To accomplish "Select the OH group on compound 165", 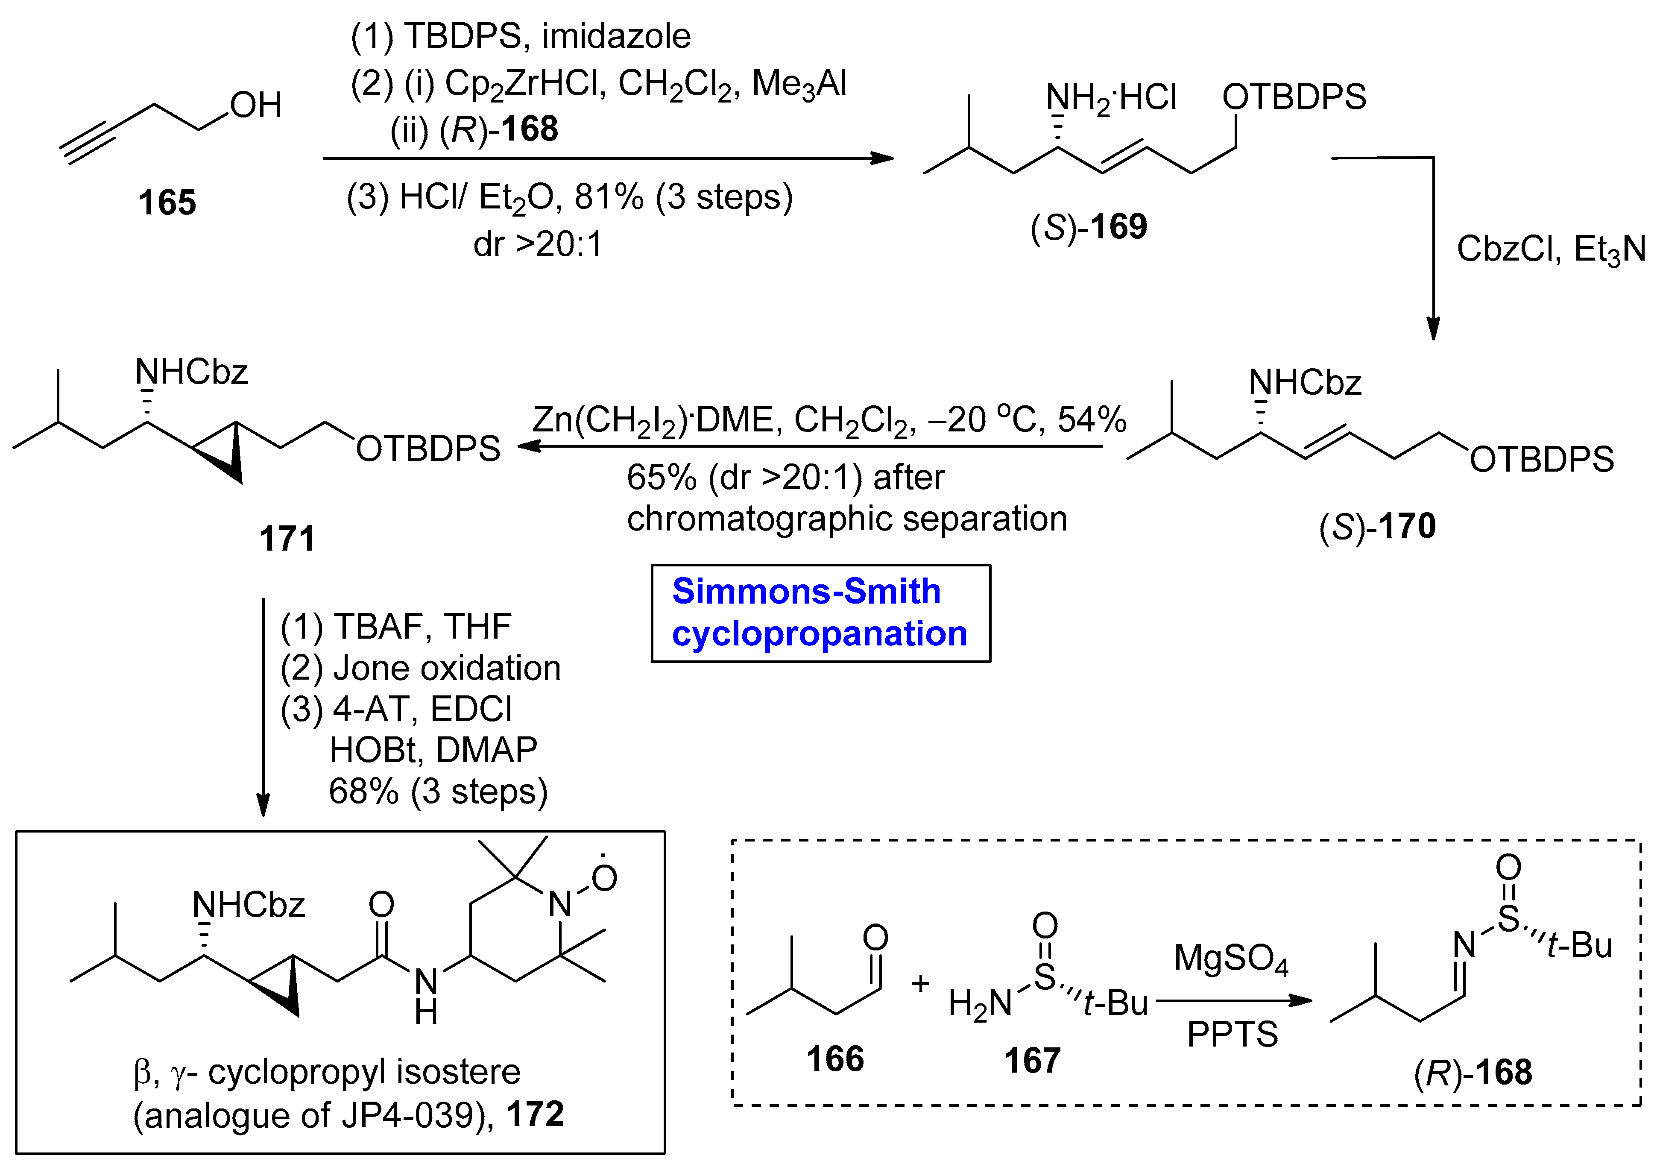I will click(x=255, y=106).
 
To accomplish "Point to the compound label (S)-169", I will click(x=1088, y=227).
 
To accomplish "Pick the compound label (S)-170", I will click(x=1377, y=526).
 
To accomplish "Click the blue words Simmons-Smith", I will click(x=806, y=592).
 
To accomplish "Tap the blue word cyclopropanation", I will click(x=819, y=633).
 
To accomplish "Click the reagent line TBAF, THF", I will click(x=395, y=627).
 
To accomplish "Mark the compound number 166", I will click(x=835, y=1059).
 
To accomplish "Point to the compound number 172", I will click(x=535, y=1114).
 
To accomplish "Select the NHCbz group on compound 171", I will click(x=191, y=373).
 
